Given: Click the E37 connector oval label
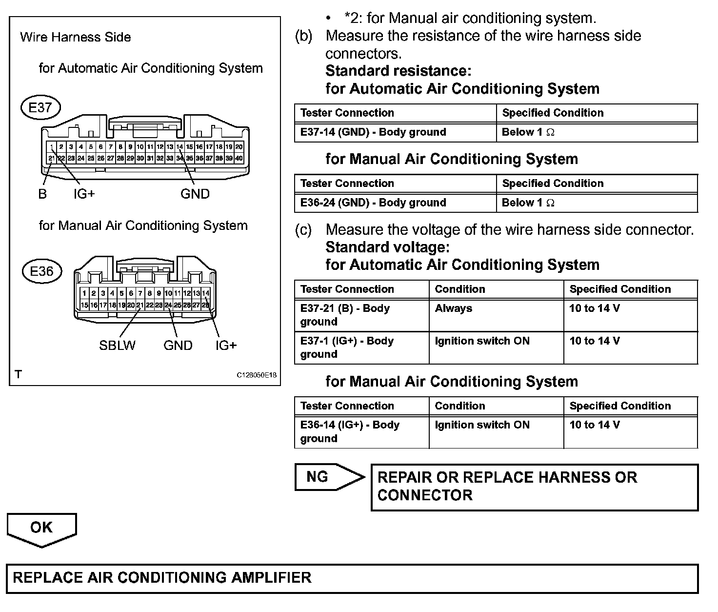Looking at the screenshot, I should click(x=40, y=107).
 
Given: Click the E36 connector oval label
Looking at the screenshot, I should click(x=42, y=271).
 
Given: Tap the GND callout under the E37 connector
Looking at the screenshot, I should click(x=195, y=194).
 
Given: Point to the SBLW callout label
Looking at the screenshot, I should click(x=118, y=346).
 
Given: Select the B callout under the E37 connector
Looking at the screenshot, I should click(x=42, y=194).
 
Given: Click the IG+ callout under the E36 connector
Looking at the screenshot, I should click(x=226, y=346).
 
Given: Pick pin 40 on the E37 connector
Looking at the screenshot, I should click(x=239, y=158).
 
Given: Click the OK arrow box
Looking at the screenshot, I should click(x=42, y=529).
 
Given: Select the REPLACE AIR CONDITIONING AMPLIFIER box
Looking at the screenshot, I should click(x=352, y=578).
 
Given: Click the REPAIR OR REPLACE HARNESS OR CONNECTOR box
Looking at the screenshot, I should click(x=535, y=487).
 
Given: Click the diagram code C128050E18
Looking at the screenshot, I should click(x=257, y=375).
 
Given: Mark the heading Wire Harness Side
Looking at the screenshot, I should click(x=76, y=37).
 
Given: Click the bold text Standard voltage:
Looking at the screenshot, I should click(x=387, y=247).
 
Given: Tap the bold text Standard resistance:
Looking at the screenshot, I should click(x=398, y=71).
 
